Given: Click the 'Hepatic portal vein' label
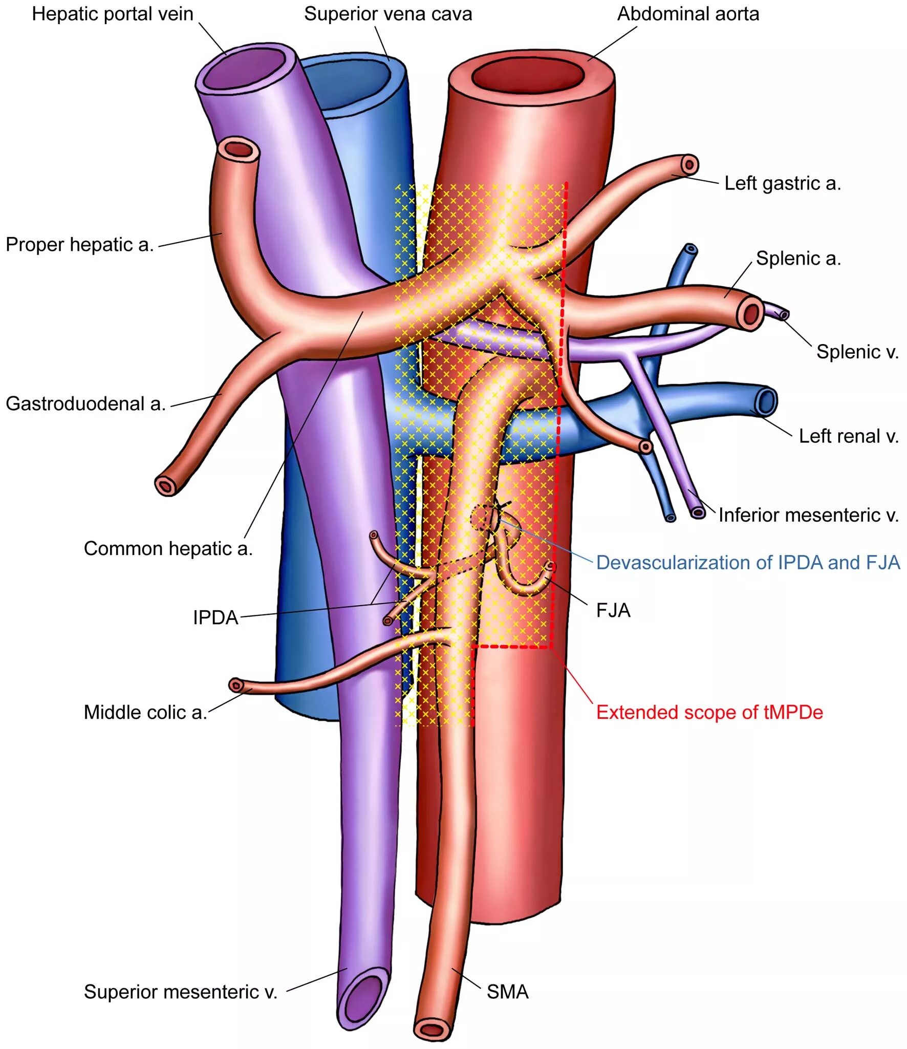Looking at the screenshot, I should (113, 14).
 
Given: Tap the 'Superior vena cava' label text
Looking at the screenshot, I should (388, 14).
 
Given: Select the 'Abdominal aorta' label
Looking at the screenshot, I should (688, 14).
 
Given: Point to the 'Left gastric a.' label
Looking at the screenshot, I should (783, 183).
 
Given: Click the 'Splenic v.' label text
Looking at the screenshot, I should (857, 352).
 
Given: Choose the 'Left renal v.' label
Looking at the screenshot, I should (849, 436).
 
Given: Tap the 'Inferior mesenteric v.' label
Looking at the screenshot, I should (808, 515).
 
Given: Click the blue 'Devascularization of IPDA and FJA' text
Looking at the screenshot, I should (748, 563).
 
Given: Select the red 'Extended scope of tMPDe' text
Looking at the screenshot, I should (709, 713).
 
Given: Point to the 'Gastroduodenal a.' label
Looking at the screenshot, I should (85, 404).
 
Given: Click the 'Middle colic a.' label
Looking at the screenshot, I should (145, 713).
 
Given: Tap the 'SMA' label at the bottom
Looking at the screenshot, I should (507, 992).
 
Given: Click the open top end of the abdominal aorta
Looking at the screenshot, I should (528, 76).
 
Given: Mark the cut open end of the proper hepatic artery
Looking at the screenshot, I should (240, 149).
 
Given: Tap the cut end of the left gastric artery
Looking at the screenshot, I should (689, 165).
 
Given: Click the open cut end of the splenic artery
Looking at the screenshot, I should (751, 313).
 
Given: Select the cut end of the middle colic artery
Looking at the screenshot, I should (235, 685).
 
